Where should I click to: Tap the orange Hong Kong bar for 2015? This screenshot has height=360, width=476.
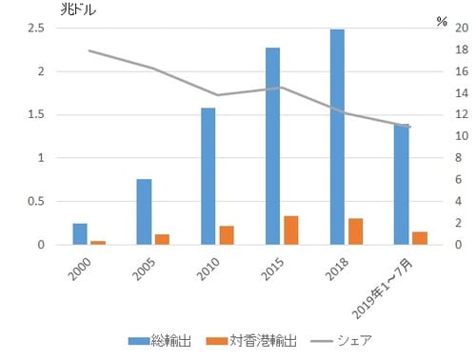[291, 230]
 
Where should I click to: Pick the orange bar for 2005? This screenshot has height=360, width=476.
[162, 239]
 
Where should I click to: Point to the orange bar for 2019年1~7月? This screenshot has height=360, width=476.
[420, 238]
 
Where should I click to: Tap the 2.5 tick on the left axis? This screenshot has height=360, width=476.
[35, 28]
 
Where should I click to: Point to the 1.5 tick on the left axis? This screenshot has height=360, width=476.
[35, 114]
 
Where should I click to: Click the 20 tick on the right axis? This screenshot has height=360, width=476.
[461, 28]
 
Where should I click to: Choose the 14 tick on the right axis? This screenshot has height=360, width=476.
[461, 93]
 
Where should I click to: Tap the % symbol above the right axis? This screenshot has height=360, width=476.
[442, 20]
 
